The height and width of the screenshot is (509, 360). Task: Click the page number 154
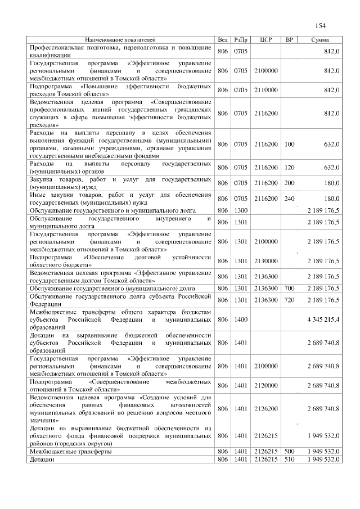321,25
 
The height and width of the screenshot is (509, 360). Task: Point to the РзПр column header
240,40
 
